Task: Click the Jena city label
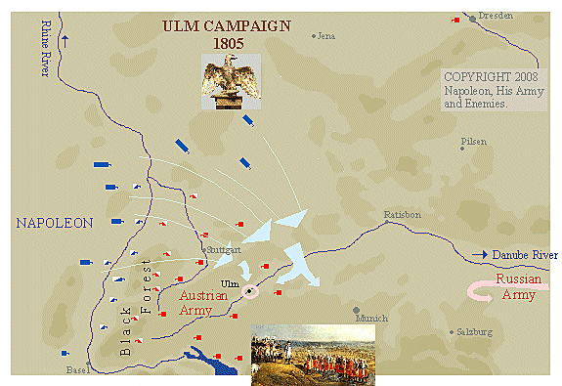pos(325,36)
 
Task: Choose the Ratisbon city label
pos(402,214)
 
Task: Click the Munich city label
pos(371,318)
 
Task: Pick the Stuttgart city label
pos(223,250)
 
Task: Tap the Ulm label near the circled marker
pos(231,283)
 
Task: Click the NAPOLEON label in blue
pos(55,223)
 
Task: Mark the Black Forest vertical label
pos(137,306)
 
